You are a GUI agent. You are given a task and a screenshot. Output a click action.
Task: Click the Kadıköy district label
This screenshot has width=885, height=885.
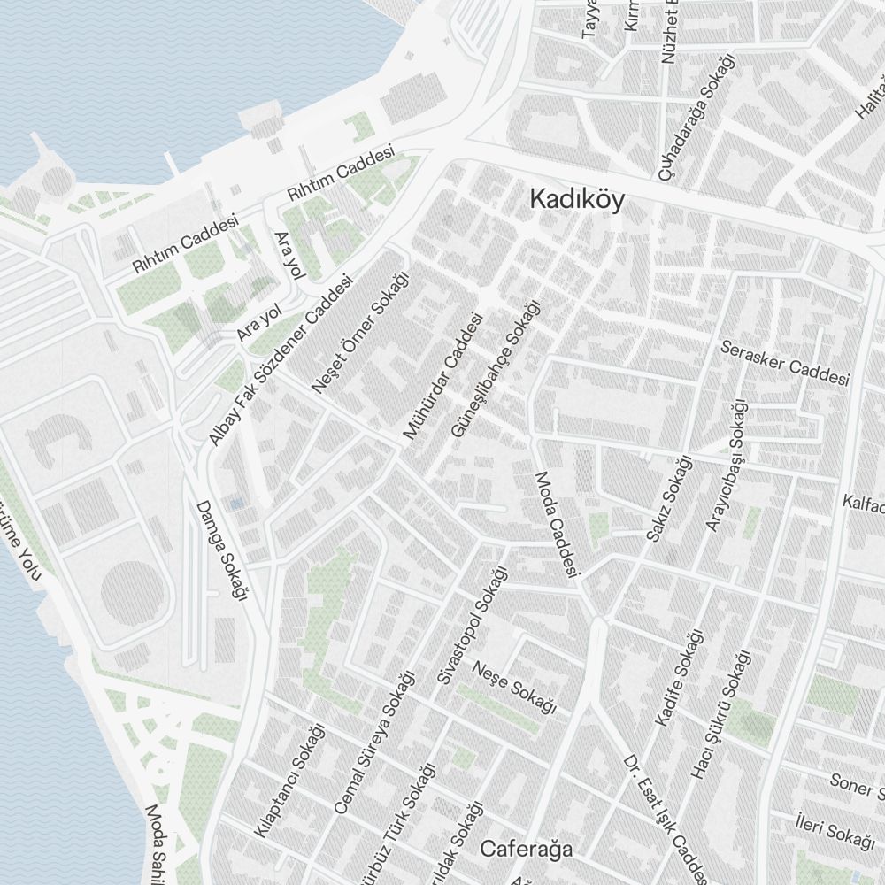point(576,199)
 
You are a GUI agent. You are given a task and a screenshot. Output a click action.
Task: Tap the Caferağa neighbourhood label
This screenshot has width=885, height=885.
point(526,850)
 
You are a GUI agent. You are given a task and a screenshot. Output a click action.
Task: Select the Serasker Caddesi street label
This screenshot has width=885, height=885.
point(785,364)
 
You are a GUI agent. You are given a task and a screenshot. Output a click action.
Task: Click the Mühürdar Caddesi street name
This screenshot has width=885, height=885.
point(442,375)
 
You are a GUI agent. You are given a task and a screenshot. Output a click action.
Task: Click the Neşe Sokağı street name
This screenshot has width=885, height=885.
point(513,687)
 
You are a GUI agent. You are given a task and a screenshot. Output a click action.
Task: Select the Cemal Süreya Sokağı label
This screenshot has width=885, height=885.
point(374,743)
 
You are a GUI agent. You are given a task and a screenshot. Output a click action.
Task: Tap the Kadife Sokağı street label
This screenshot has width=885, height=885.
point(679,678)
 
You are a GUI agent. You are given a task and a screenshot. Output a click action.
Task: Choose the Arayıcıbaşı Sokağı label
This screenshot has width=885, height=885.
point(726,466)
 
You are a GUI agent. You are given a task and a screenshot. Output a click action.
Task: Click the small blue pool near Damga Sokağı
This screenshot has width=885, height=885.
point(235,504)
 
